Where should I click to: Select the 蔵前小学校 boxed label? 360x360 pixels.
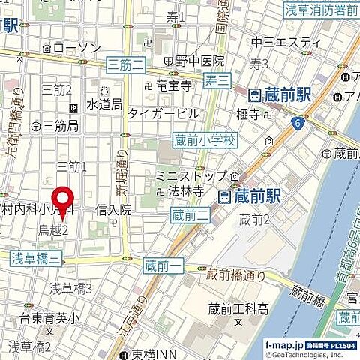(204, 139)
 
